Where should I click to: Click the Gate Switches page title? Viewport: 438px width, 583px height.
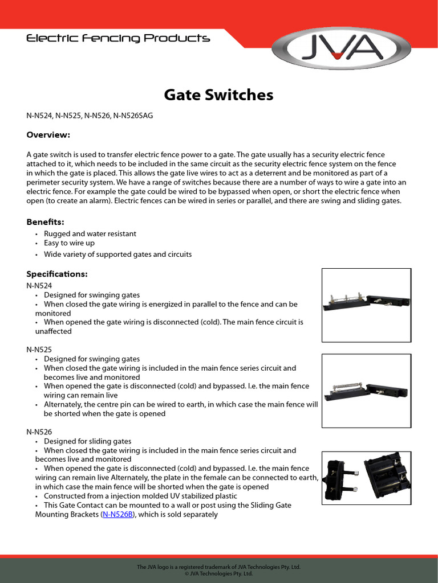[x=218, y=95]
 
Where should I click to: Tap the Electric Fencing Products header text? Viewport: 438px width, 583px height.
[x=118, y=39]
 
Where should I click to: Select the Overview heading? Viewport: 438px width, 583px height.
[x=48, y=135]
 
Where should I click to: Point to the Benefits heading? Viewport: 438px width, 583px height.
[x=45, y=221]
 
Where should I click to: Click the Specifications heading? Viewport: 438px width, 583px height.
[x=56, y=274]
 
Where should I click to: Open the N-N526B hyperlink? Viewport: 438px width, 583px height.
[x=117, y=514]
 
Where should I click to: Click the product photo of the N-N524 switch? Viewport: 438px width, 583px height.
[x=366, y=305]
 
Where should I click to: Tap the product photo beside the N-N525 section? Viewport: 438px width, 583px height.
[x=366, y=390]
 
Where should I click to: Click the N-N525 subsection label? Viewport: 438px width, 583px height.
[x=39, y=348]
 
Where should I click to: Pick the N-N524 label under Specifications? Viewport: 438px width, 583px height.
[x=39, y=285]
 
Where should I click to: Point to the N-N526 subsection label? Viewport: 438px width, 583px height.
[x=39, y=432]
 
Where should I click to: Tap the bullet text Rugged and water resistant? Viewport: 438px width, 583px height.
[x=90, y=233]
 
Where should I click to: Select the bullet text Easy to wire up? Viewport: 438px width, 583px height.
[x=69, y=243]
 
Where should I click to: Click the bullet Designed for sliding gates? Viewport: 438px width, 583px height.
[x=87, y=441]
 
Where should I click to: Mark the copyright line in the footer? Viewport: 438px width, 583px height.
[x=218, y=574]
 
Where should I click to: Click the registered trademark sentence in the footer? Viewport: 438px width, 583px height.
[x=218, y=567]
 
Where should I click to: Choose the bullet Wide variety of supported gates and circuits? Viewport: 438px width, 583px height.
[x=117, y=254]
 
